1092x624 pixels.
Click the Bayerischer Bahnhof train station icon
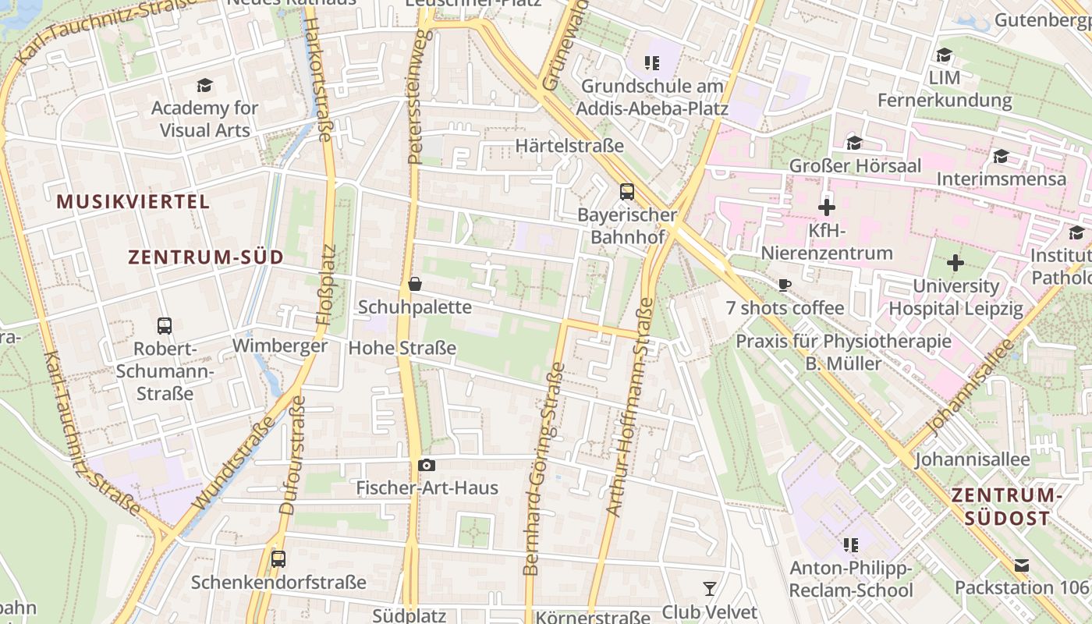(626, 191)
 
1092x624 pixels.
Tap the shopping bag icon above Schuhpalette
(415, 284)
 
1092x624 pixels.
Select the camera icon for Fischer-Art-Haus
(427, 466)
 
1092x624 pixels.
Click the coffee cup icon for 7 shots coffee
(785, 285)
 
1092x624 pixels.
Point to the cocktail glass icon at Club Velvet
(709, 588)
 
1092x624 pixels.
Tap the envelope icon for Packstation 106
(1022, 565)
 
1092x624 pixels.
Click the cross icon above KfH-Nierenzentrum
(827, 207)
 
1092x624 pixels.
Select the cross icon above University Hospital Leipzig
(955, 263)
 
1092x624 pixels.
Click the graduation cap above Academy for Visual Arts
(204, 85)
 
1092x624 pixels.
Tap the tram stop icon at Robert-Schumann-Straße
(165, 325)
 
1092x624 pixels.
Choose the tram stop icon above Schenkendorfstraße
(278, 558)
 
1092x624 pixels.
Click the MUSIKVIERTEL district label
(133, 202)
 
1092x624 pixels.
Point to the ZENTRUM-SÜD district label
(206, 257)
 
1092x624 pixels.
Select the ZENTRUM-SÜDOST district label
(1006, 506)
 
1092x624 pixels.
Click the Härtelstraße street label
(569, 146)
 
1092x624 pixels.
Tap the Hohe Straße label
(402, 348)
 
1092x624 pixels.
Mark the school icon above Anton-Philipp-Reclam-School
(850, 544)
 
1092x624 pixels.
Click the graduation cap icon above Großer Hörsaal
(855, 143)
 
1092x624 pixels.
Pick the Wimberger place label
(280, 346)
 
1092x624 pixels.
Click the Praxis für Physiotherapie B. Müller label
(843, 352)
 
